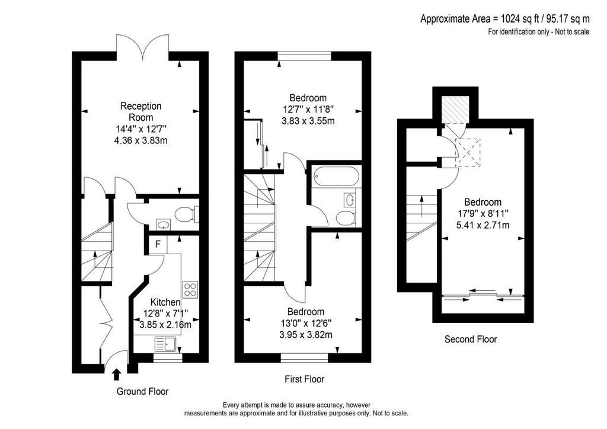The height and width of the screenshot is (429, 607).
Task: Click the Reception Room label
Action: click(140, 111)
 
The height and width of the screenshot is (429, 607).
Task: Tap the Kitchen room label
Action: click(165, 302)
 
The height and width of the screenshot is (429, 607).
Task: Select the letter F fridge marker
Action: click(158, 244)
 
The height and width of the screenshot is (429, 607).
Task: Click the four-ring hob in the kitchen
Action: click(190, 289)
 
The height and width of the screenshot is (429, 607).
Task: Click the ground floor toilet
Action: click(187, 213)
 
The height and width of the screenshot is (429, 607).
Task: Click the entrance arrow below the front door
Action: click(117, 375)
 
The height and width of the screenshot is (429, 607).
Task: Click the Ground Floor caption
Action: click(142, 392)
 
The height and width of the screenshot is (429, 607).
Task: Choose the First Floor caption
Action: click(305, 379)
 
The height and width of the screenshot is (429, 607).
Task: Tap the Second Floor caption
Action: click(471, 340)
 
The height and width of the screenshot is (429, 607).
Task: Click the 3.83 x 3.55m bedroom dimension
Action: click(308, 121)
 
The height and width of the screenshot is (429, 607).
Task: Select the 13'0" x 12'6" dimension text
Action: click(306, 322)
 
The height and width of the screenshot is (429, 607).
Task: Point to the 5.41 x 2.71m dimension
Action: click(483, 225)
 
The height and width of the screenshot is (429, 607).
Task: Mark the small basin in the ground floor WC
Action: click(164, 224)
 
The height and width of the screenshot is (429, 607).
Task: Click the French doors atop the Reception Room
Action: click(143, 47)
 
